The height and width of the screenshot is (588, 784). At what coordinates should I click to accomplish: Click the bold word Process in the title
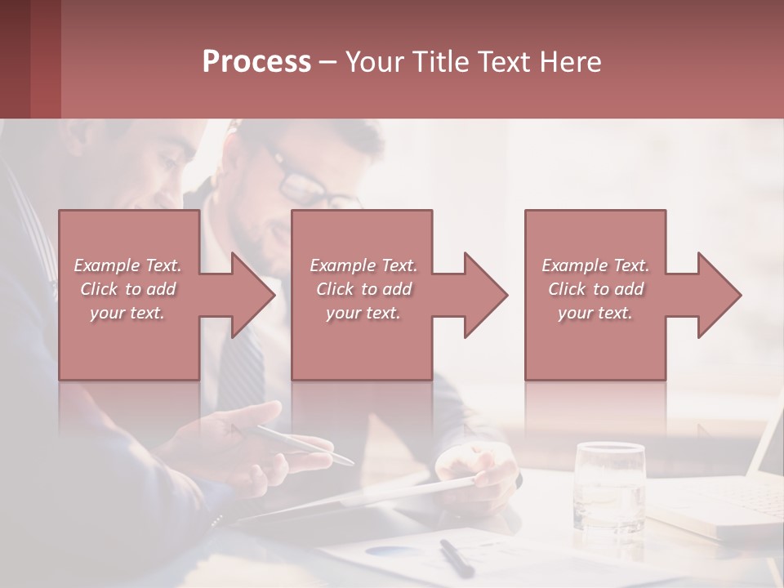[256, 62]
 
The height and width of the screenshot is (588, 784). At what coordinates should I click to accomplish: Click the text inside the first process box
[128, 289]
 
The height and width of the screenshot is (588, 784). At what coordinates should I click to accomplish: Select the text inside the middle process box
[363, 289]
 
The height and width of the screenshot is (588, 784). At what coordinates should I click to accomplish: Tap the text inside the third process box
[595, 289]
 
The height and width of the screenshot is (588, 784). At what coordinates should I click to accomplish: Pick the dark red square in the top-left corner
[30, 59]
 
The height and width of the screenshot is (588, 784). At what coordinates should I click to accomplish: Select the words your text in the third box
[595, 313]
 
